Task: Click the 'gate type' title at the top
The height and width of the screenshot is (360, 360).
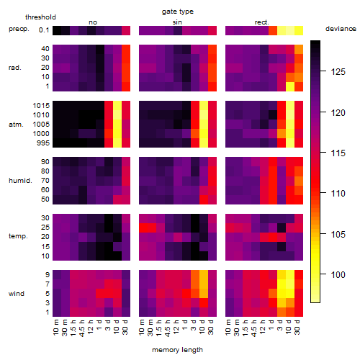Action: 178,12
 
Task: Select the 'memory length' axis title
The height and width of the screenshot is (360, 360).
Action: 177,350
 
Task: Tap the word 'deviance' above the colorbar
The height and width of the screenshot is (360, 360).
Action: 341,29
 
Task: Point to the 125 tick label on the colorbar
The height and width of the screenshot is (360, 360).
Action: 338,71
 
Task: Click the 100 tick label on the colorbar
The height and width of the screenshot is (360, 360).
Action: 338,274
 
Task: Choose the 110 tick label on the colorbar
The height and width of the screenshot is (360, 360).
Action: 338,193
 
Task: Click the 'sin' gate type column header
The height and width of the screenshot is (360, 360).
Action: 177,22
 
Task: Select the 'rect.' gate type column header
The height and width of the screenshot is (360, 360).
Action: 262,22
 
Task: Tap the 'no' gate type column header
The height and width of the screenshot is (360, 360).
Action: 93,22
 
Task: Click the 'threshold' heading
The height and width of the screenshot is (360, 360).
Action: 40,17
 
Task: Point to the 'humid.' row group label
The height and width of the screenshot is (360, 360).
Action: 20,181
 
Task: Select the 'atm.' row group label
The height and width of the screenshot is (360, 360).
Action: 16,125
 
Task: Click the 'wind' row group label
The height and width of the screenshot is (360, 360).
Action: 17,293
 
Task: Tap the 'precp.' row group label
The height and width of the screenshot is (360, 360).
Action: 19,29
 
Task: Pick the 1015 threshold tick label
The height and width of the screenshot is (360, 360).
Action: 41,105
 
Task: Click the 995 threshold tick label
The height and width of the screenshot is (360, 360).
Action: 43,143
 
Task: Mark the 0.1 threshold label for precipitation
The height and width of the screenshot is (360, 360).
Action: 44,30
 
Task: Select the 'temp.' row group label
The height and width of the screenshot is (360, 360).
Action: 18,236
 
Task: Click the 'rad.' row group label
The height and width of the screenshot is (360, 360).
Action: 15,68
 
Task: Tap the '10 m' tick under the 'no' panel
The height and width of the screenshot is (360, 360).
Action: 56,328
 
